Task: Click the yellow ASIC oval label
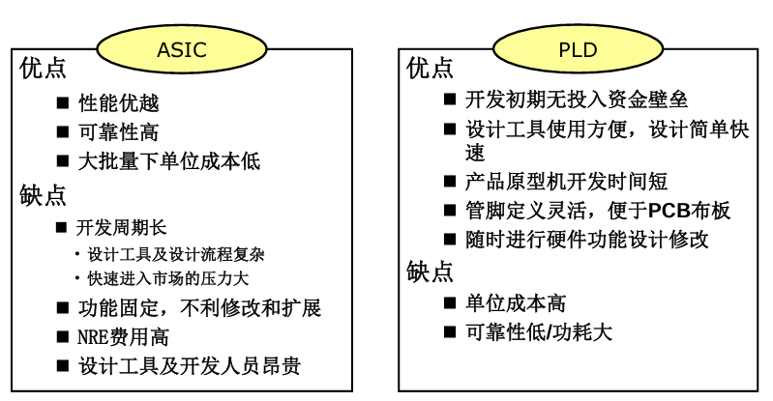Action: tap(181, 49)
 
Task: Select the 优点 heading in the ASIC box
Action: tap(44, 70)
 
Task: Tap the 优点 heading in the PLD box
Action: tap(431, 69)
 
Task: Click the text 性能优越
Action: tap(119, 102)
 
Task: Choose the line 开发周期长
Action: tap(122, 227)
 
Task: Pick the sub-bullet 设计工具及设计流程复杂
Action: tap(175, 255)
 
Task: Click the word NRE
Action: tap(95, 338)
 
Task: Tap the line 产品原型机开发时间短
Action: tap(566, 182)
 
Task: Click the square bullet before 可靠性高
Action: tap(63, 132)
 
